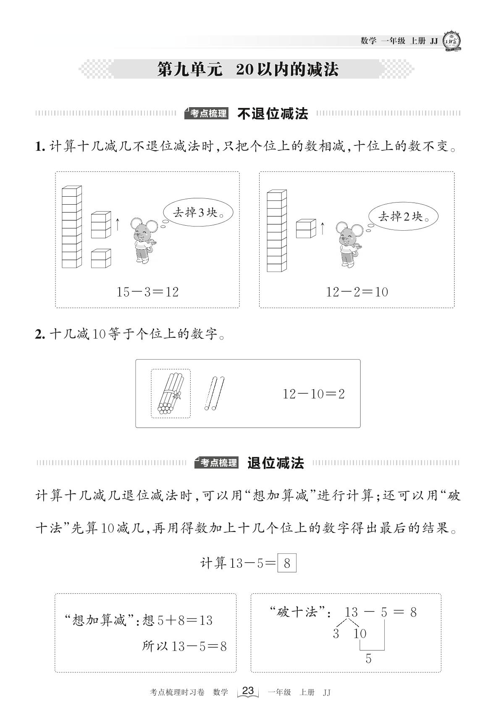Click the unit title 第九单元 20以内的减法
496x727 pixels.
247,70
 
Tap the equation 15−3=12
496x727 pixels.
147,292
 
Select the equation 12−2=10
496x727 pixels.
357,292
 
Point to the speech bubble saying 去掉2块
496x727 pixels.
403,216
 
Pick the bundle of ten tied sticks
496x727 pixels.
170,393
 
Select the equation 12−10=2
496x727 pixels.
313,394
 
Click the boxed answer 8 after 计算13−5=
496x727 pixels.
287,563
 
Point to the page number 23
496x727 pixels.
248,690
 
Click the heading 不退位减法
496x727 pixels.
273,113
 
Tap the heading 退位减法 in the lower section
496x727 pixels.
276,463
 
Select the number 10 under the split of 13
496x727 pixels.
360,634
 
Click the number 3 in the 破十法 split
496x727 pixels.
336,634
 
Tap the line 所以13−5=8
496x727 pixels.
184,646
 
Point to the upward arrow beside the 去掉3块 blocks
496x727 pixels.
118,224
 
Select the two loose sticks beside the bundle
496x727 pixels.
214,393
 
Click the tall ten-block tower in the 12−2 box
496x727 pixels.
277,231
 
